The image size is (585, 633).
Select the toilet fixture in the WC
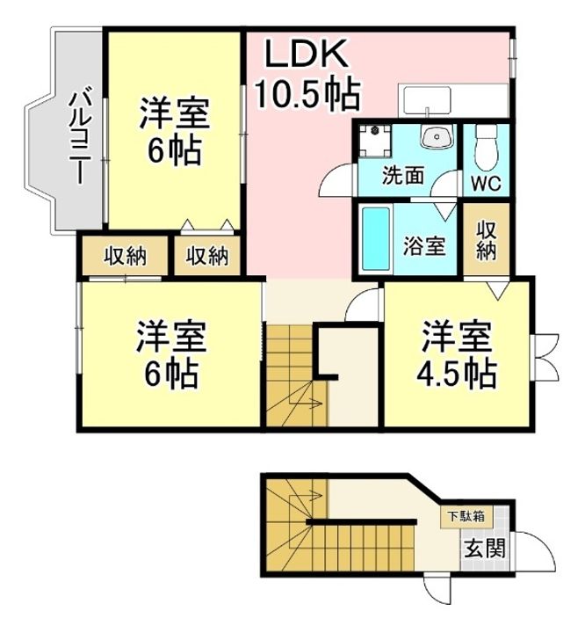(x=486, y=148)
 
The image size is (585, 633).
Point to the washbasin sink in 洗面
(x=434, y=137)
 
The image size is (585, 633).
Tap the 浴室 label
(x=424, y=246)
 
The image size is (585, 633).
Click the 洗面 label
(x=402, y=174)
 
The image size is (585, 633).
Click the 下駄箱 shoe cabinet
(x=462, y=517)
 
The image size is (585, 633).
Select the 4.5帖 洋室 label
(x=456, y=356)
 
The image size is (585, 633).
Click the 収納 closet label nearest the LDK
(x=207, y=257)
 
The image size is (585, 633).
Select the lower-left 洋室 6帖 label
(x=170, y=356)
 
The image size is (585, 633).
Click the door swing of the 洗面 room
(x=336, y=179)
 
